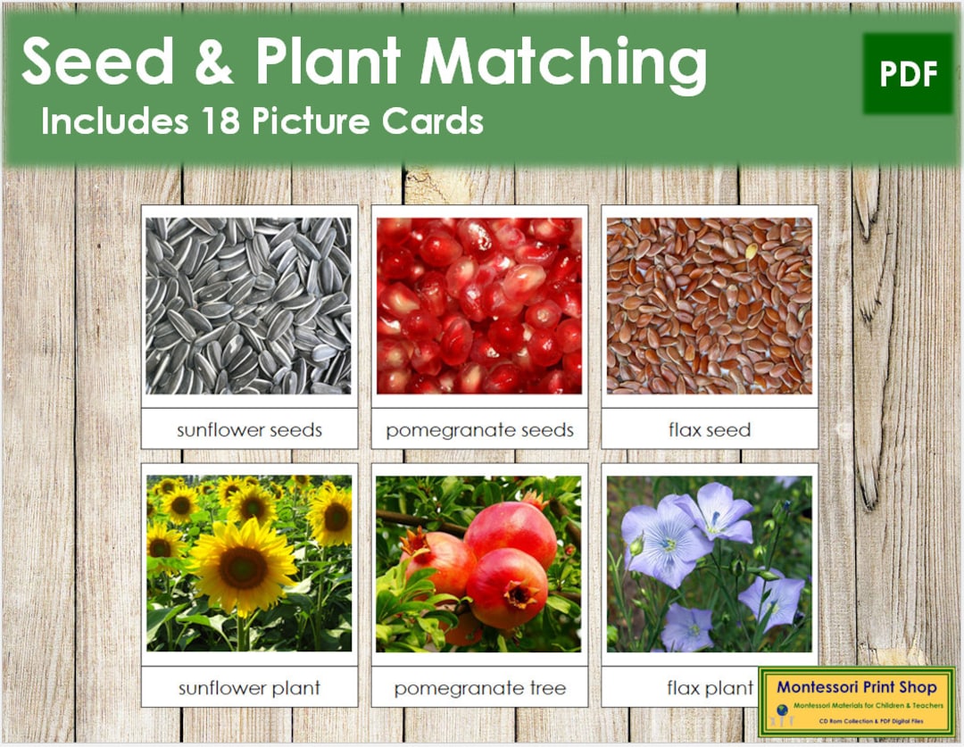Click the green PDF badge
click(x=908, y=74)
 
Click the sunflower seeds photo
click(x=249, y=305)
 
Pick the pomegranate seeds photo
click(x=479, y=305)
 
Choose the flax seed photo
click(x=710, y=305)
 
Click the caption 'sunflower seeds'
click(x=249, y=430)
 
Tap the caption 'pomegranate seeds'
click(x=479, y=430)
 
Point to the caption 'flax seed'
click(x=710, y=430)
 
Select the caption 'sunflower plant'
click(x=249, y=688)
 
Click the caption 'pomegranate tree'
click(x=479, y=688)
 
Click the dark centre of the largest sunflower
click(x=243, y=567)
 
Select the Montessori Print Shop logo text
click(x=856, y=686)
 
